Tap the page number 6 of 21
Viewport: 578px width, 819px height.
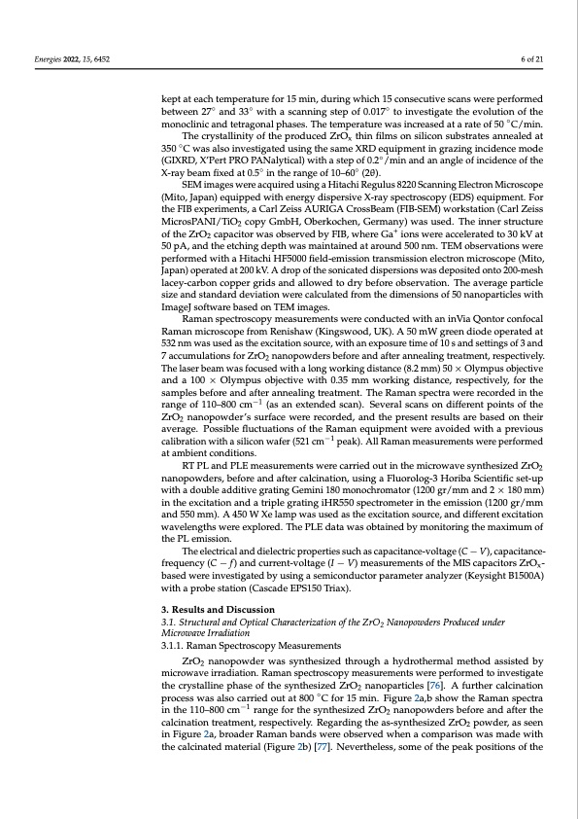(x=533, y=59)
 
